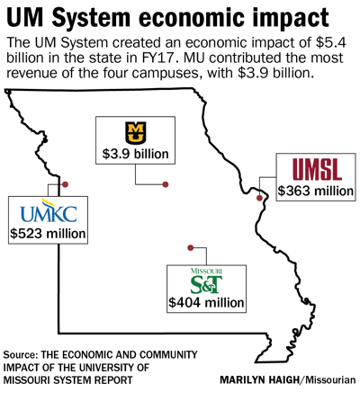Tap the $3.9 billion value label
[135, 154]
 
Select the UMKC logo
[49, 212]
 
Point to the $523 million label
[49, 235]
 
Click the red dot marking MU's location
[166, 184]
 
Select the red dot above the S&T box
[192, 247]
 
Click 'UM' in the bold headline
[26, 17]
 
